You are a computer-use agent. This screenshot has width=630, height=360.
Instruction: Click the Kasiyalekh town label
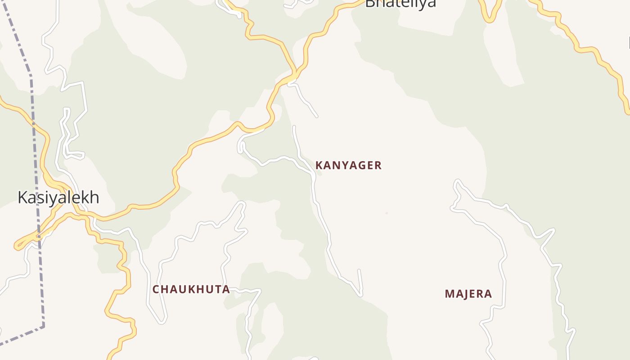point(58,198)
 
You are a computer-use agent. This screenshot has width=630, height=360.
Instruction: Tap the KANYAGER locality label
point(348,166)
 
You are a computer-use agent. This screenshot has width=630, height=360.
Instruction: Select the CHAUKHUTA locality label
point(191,289)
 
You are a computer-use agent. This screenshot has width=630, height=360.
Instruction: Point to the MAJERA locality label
point(468,294)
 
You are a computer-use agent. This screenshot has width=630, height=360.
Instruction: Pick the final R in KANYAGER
point(378,166)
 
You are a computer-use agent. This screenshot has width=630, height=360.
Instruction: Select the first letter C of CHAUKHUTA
point(156,289)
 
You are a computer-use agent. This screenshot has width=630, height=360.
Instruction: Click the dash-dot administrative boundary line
point(33,135)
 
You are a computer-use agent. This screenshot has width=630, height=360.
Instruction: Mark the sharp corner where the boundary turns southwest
point(44,325)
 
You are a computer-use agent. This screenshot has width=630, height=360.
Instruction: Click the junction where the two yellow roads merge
point(295,74)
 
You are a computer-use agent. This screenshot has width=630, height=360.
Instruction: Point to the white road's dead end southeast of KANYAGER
point(359,270)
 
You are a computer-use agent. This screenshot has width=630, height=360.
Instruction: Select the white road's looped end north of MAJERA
point(457,182)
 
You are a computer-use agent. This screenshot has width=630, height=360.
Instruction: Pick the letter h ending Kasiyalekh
point(94,198)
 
